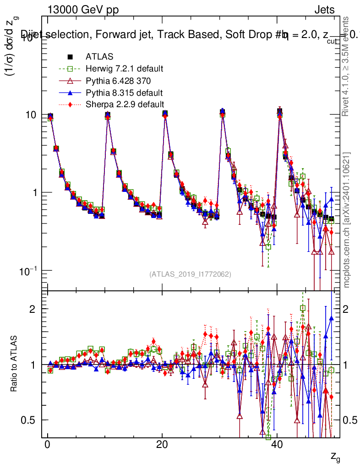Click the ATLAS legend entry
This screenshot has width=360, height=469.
(x=99, y=57)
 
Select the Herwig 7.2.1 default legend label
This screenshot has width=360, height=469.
(x=124, y=69)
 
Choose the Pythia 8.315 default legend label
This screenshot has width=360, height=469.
(x=124, y=93)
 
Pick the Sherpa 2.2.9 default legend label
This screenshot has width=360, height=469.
(x=125, y=104)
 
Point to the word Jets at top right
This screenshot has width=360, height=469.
(x=324, y=10)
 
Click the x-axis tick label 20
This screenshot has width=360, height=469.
(x=162, y=446)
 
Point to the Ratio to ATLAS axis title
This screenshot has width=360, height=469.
(x=15, y=364)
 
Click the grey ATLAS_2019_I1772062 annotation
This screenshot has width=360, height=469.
(x=190, y=274)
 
